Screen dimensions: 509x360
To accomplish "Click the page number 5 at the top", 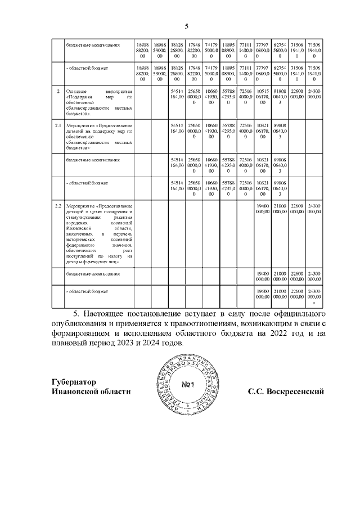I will pos(187,26).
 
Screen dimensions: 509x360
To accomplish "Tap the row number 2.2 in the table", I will pos(57,207).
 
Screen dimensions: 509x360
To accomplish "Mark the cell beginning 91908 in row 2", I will pos(280,97).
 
